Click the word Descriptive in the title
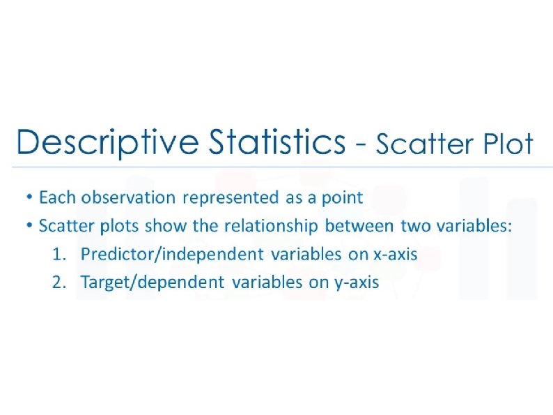(107, 142)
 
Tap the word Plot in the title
(508, 144)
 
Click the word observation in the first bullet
(128, 197)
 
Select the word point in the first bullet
(342, 198)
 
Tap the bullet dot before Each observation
(30, 196)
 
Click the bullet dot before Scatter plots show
(30, 225)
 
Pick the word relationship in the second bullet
(271, 227)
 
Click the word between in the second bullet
(359, 226)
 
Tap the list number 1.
(59, 255)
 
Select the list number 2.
(59, 282)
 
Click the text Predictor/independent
(172, 255)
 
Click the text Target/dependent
(153, 283)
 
